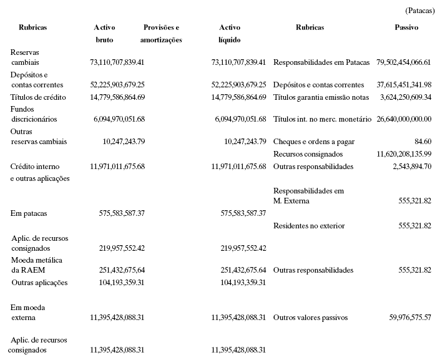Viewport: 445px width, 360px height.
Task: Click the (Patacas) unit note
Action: pyautogui.click(x=419, y=11)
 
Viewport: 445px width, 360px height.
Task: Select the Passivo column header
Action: pyautogui.click(x=406, y=28)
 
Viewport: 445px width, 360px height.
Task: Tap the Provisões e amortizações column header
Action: pyautogui.click(x=162, y=34)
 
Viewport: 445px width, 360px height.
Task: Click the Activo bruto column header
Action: pyautogui.click(x=104, y=34)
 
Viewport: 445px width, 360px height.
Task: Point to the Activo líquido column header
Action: pyautogui.click(x=230, y=34)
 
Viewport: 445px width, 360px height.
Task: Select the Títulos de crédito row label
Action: pyautogui.click(x=38, y=97)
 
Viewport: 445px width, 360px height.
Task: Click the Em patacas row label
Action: pyautogui.click(x=29, y=213)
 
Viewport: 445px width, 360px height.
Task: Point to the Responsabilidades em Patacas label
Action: pyautogui.click(x=321, y=63)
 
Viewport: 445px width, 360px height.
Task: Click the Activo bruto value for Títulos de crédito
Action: pyautogui.click(x=117, y=97)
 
